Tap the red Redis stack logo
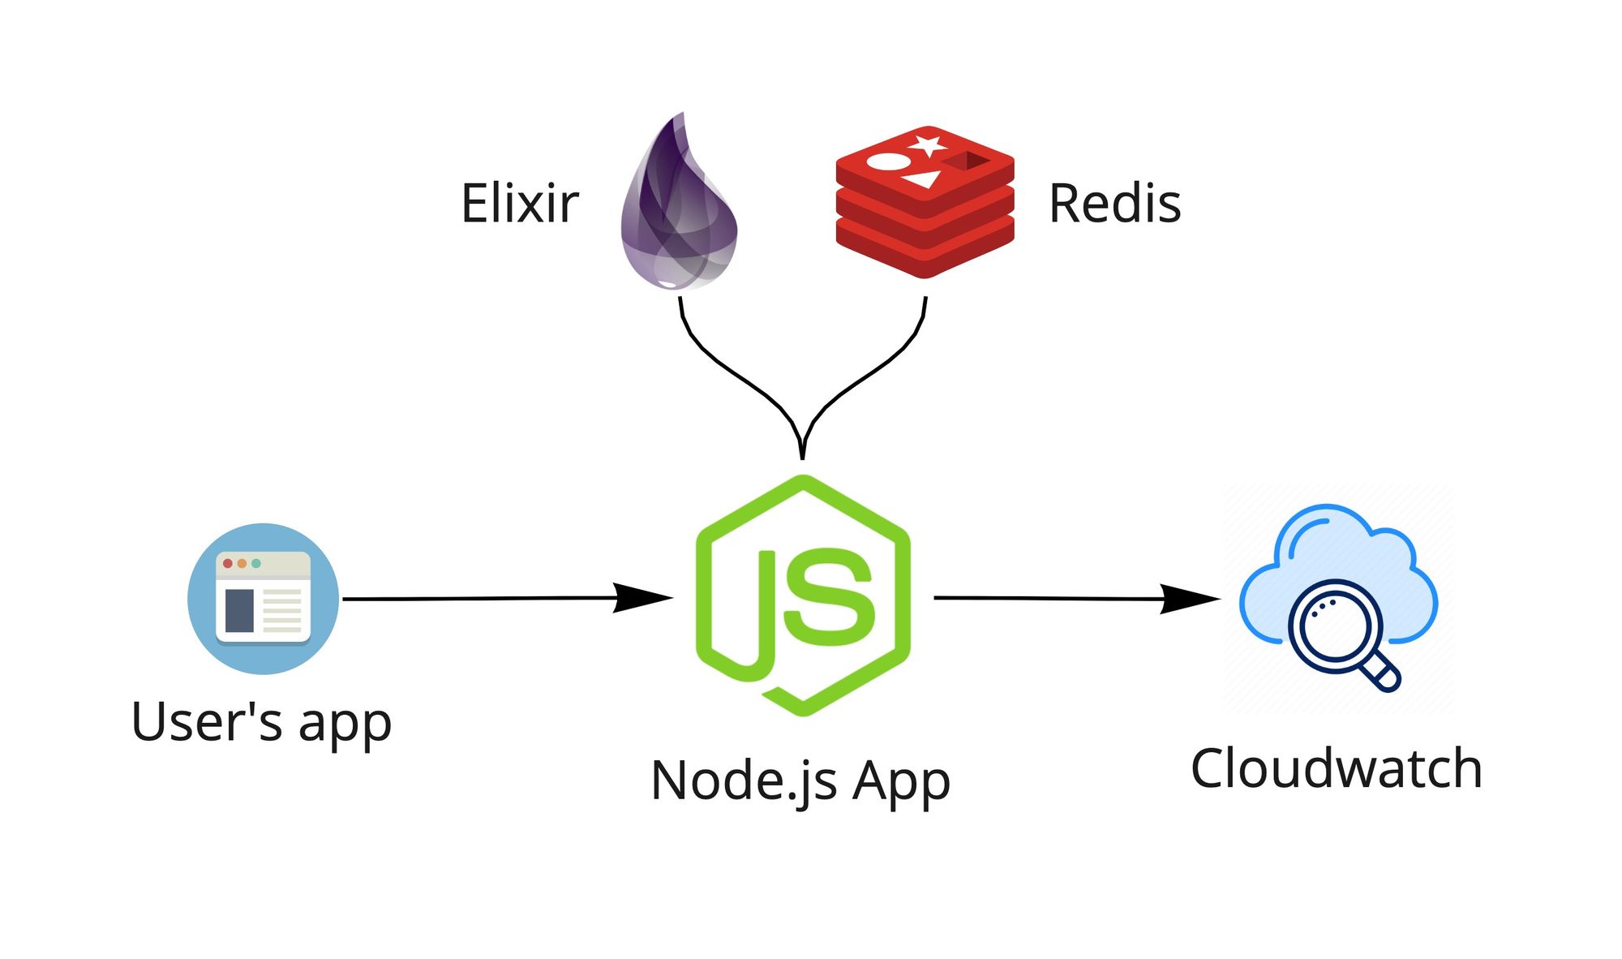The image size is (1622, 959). pos(925,203)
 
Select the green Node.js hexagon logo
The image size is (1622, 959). pos(803,596)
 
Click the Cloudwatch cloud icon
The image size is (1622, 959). pos(1338,596)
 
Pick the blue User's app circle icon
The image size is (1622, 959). pos(263,599)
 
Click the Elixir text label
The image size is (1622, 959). pos(520,204)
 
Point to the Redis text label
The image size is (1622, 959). pos(1114,204)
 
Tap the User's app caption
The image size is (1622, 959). pos(261,721)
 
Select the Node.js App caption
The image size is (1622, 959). pos(800,781)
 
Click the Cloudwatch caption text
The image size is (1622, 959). pos(1337,768)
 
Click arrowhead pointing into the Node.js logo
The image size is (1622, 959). pos(645,598)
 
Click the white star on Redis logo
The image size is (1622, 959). pos(927,146)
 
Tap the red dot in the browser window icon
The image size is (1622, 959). pos(228,563)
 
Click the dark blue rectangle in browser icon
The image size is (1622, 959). pos(239,610)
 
